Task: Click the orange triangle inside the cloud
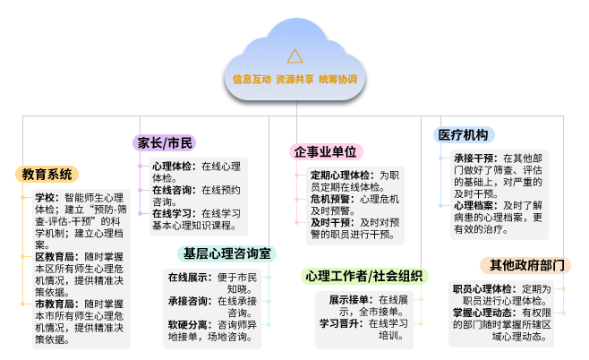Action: click(x=294, y=56)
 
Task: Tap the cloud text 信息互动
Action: click(x=252, y=80)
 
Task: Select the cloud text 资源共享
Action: click(x=294, y=80)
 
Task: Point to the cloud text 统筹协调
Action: click(x=337, y=80)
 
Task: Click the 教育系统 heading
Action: click(x=47, y=175)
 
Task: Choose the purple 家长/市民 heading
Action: click(x=164, y=143)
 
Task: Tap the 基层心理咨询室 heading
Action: click(x=226, y=253)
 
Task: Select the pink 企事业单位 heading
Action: click(x=325, y=152)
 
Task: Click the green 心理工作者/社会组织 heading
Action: click(x=364, y=276)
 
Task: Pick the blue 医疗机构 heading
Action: click(x=464, y=135)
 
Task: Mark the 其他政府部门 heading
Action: click(x=525, y=265)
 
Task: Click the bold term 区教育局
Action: click(x=55, y=257)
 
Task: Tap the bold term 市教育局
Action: click(x=55, y=304)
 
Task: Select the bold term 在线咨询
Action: click(x=172, y=190)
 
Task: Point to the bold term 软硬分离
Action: click(x=188, y=325)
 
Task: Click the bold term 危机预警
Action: click(x=330, y=199)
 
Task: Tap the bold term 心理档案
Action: click(x=474, y=206)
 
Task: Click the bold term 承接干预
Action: click(x=474, y=159)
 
